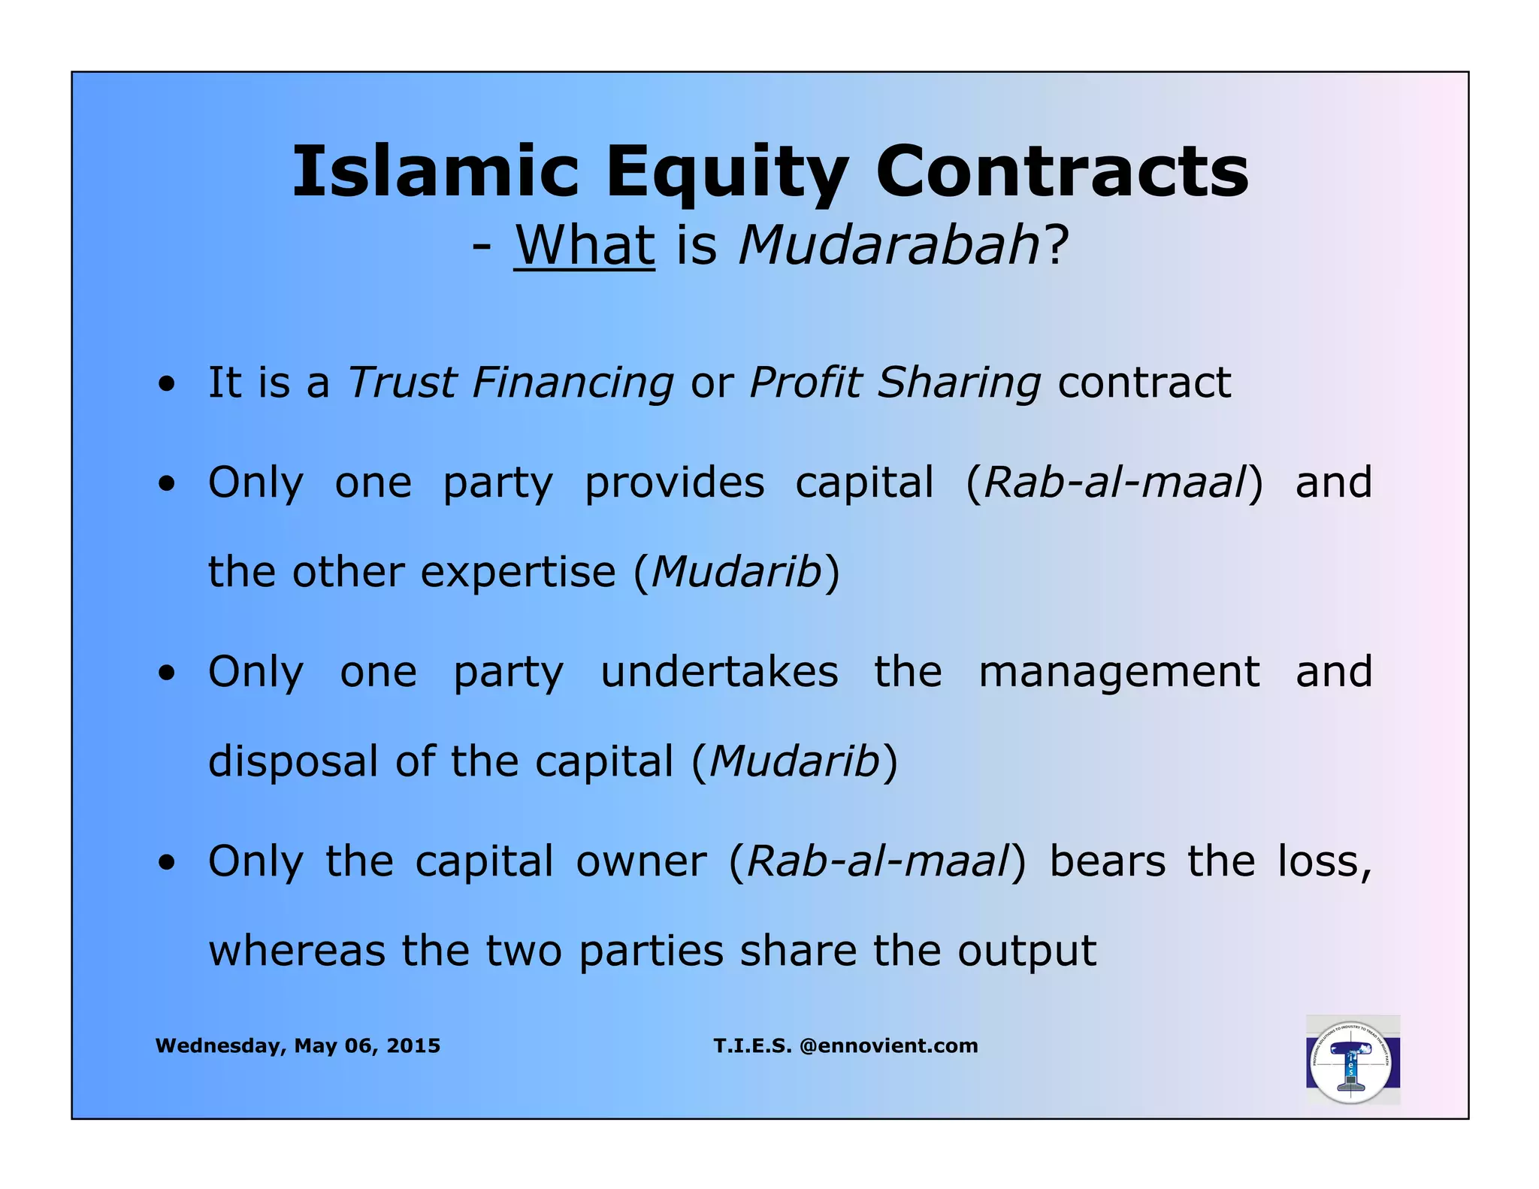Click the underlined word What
584,245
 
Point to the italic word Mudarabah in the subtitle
889,245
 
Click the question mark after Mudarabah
1055,245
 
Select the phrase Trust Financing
510,383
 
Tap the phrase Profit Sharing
895,383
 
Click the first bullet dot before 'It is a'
167,386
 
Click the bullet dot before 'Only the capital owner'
167,864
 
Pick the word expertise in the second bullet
518,572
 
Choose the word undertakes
719,671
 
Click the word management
1119,671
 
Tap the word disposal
293,762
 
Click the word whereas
296,952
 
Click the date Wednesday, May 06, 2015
298,1045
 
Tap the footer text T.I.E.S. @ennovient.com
845,1045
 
